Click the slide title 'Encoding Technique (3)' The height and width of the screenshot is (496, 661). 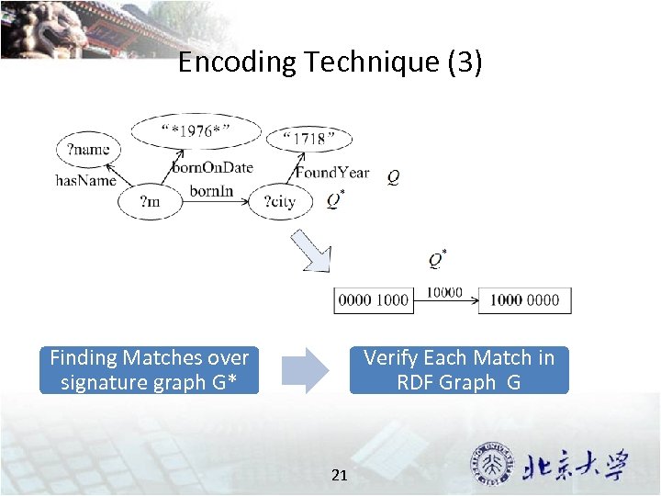330,62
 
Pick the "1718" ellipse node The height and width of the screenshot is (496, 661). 308,139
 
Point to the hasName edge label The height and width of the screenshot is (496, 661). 86,180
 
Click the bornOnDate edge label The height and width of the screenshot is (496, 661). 212,167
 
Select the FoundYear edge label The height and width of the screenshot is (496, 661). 332,172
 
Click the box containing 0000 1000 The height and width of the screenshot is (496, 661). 373,300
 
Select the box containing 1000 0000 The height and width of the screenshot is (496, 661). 524,300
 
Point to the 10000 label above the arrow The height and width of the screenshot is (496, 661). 444,291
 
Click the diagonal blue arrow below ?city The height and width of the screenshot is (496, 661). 310,251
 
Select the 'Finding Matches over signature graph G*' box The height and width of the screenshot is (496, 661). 149,370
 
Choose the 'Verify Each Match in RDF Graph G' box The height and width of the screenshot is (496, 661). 459,370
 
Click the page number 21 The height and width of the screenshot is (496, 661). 339,475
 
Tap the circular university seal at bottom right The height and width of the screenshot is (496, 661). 492,464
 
